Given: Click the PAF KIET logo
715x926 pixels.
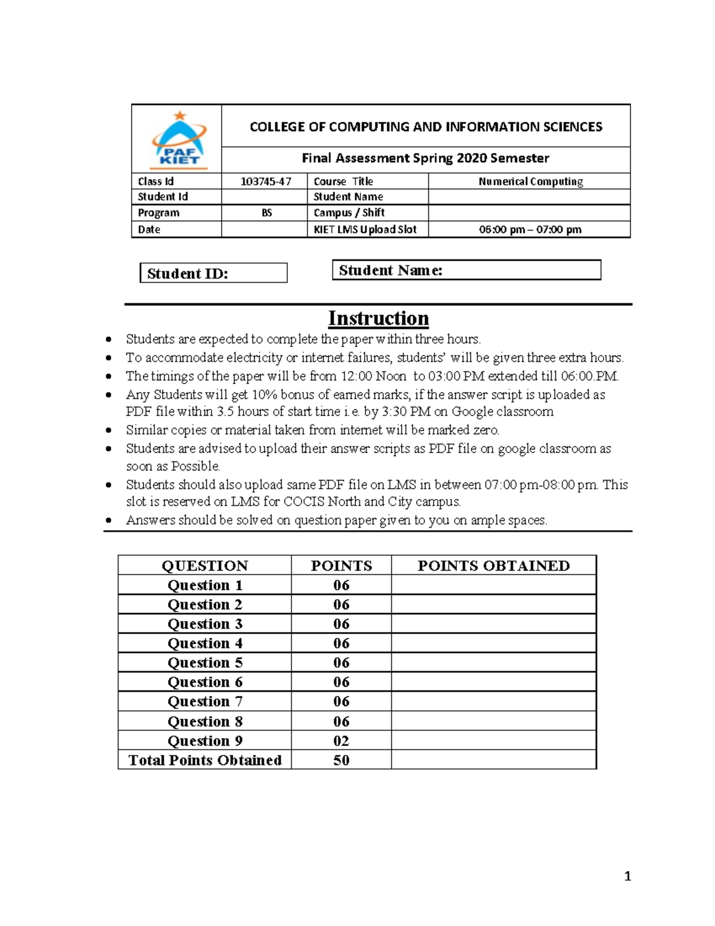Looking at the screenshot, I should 179,140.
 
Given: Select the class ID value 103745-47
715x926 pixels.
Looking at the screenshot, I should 266,181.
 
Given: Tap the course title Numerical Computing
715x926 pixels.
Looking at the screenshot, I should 530,181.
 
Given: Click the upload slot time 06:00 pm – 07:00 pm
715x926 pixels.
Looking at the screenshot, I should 530,230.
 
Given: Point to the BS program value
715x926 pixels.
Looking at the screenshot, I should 267,213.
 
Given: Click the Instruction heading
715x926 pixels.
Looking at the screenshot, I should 378,318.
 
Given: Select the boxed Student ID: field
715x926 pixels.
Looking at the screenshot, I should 213,273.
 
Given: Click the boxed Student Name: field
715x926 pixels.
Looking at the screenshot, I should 466,270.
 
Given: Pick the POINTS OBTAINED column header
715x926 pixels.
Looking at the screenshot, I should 493,565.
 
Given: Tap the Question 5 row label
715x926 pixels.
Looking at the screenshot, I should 205,662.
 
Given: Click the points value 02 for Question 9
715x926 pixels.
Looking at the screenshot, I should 341,741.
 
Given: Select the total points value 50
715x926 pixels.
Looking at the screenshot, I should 341,760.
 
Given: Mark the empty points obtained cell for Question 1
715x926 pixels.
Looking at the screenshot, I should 493,585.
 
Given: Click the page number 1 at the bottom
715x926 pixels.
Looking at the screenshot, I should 627,876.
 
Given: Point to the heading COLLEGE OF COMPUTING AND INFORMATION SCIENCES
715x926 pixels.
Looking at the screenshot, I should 425,126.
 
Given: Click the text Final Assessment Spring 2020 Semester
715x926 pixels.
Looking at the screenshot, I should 425,158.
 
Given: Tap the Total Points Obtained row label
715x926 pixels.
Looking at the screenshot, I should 205,760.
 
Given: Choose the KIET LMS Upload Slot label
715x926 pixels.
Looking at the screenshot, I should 365,230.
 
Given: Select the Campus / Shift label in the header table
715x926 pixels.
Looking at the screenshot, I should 349,213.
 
